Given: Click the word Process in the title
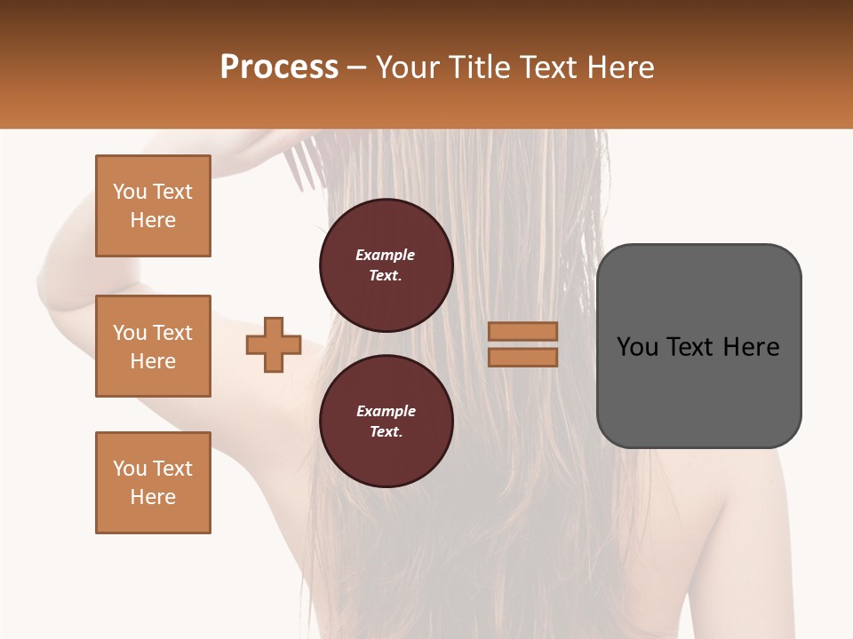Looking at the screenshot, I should tap(279, 67).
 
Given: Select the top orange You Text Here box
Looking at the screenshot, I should tap(153, 206).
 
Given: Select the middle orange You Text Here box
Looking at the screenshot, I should tap(153, 346).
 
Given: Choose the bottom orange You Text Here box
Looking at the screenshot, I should tap(153, 483).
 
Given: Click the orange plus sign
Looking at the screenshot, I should tap(274, 344).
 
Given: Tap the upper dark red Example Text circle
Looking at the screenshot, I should tap(387, 265).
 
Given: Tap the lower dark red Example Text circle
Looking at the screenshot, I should tap(387, 421).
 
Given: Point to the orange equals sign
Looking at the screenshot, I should tap(522, 344).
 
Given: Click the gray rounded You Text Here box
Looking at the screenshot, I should tap(698, 346).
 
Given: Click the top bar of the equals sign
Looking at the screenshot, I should tap(522, 332).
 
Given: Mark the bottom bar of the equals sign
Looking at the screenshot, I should tap(522, 357).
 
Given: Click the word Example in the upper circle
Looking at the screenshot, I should tap(386, 255).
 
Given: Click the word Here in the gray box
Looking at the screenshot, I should tap(752, 347).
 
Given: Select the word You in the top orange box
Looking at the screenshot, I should tap(129, 192).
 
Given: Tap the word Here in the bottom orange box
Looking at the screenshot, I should tap(153, 497).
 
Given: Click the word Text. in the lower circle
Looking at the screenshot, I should tap(386, 431).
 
